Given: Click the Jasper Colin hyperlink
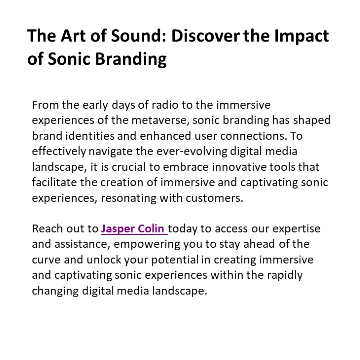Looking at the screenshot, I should tap(134, 229).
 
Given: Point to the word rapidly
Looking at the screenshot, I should tap(285, 276).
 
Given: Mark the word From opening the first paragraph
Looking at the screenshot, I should tap(45, 106).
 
